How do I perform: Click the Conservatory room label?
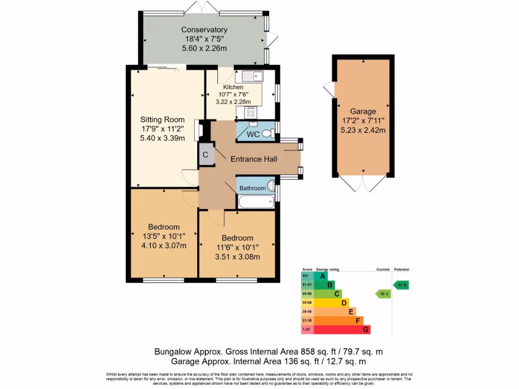pyautogui.click(x=204, y=30)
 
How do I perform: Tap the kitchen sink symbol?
pyautogui.click(x=252, y=76)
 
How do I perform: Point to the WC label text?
pyautogui.click(x=253, y=134)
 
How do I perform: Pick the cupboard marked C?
pyautogui.click(x=206, y=155)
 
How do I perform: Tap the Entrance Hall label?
pyautogui.click(x=254, y=159)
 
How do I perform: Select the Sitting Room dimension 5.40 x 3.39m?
pyautogui.click(x=162, y=138)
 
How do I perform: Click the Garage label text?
pyautogui.click(x=363, y=111)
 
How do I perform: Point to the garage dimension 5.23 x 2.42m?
pyautogui.click(x=363, y=130)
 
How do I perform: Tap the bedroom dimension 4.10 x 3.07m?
pyautogui.click(x=164, y=246)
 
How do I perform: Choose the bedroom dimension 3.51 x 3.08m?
pyautogui.click(x=237, y=256)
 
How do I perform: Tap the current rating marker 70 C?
pyautogui.click(x=383, y=294)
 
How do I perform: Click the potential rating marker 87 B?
pyautogui.click(x=401, y=285)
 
